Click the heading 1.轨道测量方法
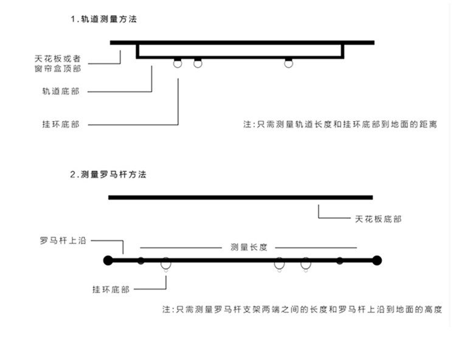coord(103,19)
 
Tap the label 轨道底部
coord(60,92)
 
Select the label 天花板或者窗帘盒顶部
coord(58,64)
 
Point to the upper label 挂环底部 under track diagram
coord(60,125)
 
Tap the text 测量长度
coord(249,248)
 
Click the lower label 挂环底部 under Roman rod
coord(110,289)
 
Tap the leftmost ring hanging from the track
coord(178,63)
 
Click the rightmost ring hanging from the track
coord(288,63)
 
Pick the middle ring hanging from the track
coord(198,63)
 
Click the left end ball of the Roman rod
coord(108,261)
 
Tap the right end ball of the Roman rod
coord(377,261)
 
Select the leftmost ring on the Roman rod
coord(165,265)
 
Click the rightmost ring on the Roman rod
coord(306,265)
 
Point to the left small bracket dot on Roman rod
coord(140,261)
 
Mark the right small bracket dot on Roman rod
coord(340,261)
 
